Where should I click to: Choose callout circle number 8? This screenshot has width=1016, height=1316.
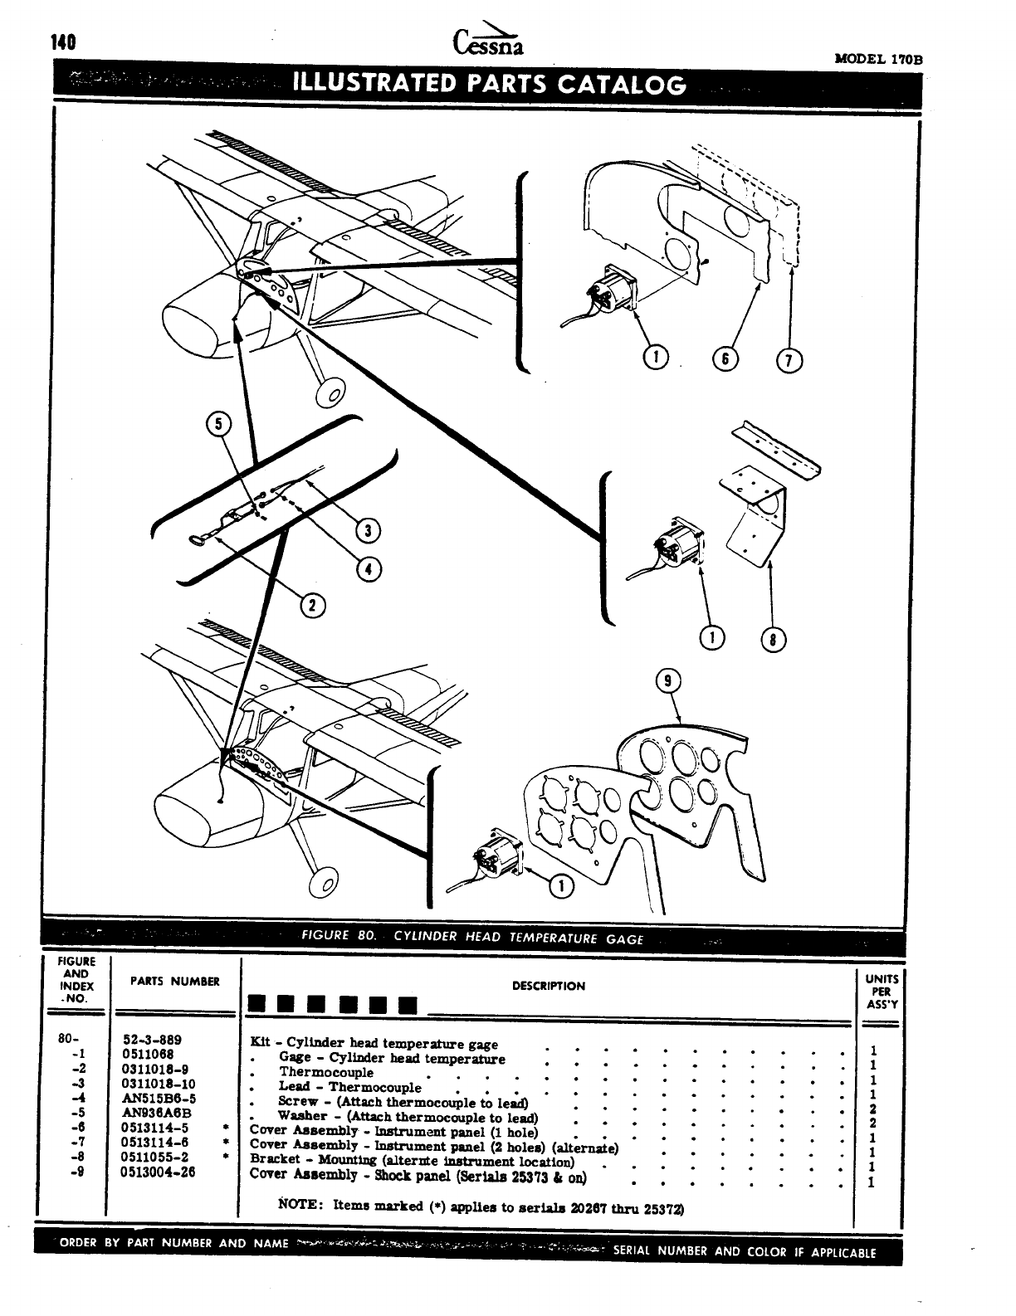(773, 638)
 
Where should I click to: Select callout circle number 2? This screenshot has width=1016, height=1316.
(312, 606)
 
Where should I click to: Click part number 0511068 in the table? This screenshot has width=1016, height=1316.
(148, 1055)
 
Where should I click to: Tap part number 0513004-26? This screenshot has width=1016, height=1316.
(159, 1172)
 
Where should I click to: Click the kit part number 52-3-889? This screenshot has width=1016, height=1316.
(152, 1040)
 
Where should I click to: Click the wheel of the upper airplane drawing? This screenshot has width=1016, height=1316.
(330, 394)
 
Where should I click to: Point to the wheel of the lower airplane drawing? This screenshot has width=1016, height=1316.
(323, 885)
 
